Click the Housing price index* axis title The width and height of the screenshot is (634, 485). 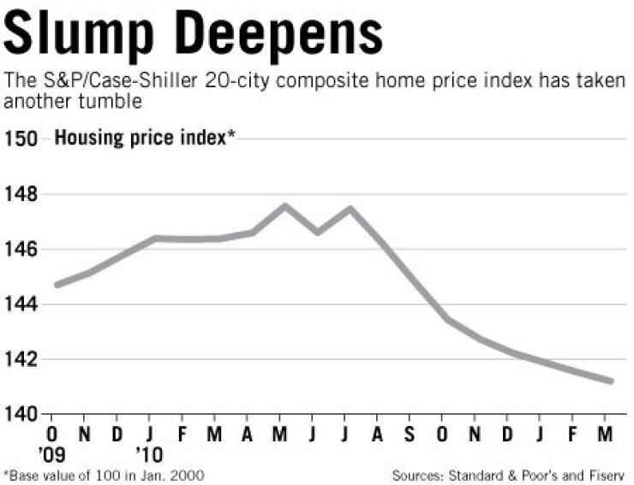point(145,139)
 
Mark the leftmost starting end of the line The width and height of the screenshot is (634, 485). point(57,284)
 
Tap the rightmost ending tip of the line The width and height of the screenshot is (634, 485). point(611,381)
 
